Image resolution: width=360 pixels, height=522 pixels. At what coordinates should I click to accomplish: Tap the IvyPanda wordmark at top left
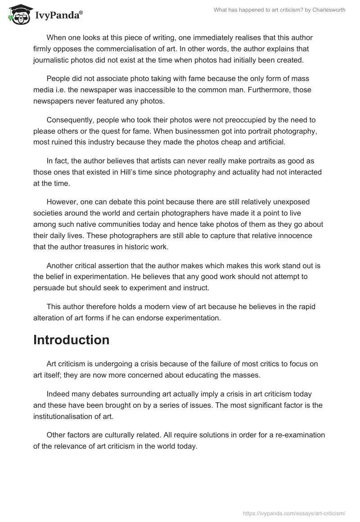point(58,15)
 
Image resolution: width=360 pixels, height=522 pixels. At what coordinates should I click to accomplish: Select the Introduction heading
point(71,340)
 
